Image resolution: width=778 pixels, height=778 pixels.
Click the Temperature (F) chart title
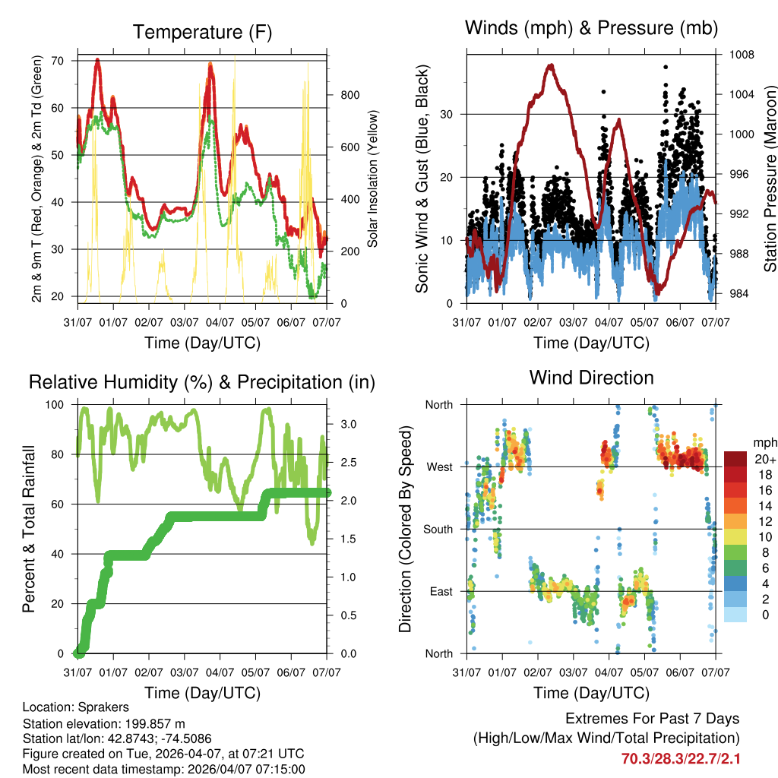(x=202, y=32)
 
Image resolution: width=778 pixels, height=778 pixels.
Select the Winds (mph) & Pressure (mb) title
(x=592, y=28)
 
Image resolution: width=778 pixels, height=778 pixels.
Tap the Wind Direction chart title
(x=591, y=377)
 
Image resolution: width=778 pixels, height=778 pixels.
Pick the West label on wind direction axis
(x=438, y=466)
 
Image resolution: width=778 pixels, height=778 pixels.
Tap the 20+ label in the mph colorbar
(x=764, y=459)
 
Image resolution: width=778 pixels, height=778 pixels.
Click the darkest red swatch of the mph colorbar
(x=735, y=459)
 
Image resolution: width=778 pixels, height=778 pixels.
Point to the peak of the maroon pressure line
(x=550, y=65)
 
